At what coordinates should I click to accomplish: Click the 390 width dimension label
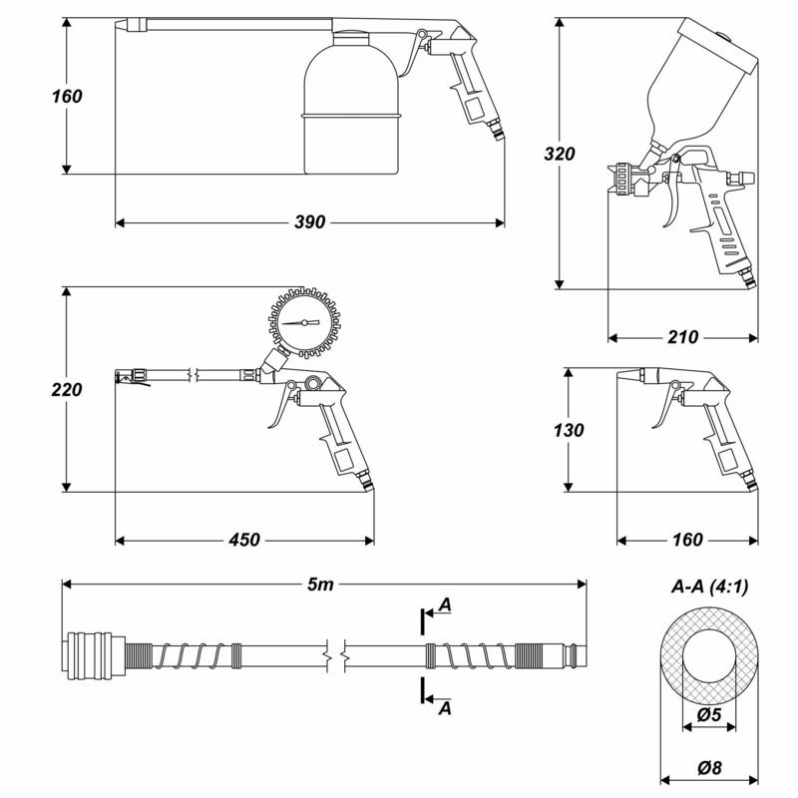pyautogui.click(x=310, y=222)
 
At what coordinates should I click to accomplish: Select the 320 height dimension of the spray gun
pyautogui.click(x=560, y=154)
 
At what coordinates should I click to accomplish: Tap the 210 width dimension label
pyautogui.click(x=683, y=337)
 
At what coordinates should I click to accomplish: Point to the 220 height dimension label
pyautogui.click(x=67, y=390)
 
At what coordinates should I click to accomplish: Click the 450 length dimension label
pyautogui.click(x=244, y=540)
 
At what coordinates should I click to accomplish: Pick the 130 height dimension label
pyautogui.click(x=569, y=431)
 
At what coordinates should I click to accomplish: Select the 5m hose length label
pyautogui.click(x=320, y=585)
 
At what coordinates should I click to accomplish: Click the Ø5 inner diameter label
pyautogui.click(x=709, y=714)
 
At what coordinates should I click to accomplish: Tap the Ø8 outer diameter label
pyautogui.click(x=709, y=767)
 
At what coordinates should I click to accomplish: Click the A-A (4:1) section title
pyautogui.click(x=710, y=587)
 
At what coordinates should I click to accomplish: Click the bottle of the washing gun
pyautogui.click(x=351, y=103)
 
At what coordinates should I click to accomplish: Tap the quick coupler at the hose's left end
pyautogui.click(x=94, y=656)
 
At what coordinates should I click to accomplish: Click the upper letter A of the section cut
pyautogui.click(x=445, y=605)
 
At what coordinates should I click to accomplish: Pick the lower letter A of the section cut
pyautogui.click(x=445, y=708)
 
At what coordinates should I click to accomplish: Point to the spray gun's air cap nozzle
pyautogui.click(x=621, y=180)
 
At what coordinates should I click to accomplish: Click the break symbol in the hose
pyautogui.click(x=336, y=656)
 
